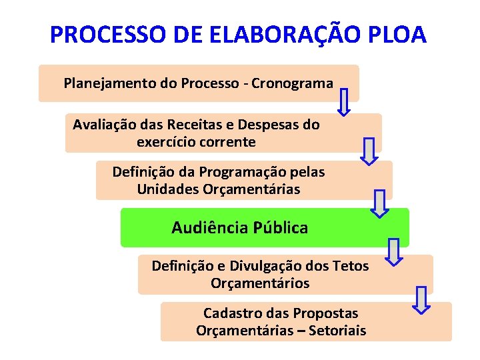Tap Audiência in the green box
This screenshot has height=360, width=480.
(x=209, y=228)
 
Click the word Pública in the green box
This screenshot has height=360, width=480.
(x=281, y=228)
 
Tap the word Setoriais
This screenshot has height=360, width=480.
(x=337, y=331)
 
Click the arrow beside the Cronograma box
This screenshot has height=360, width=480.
(x=344, y=101)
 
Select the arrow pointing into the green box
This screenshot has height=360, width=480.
(x=379, y=203)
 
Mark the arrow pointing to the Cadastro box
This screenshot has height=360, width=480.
(x=421, y=299)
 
